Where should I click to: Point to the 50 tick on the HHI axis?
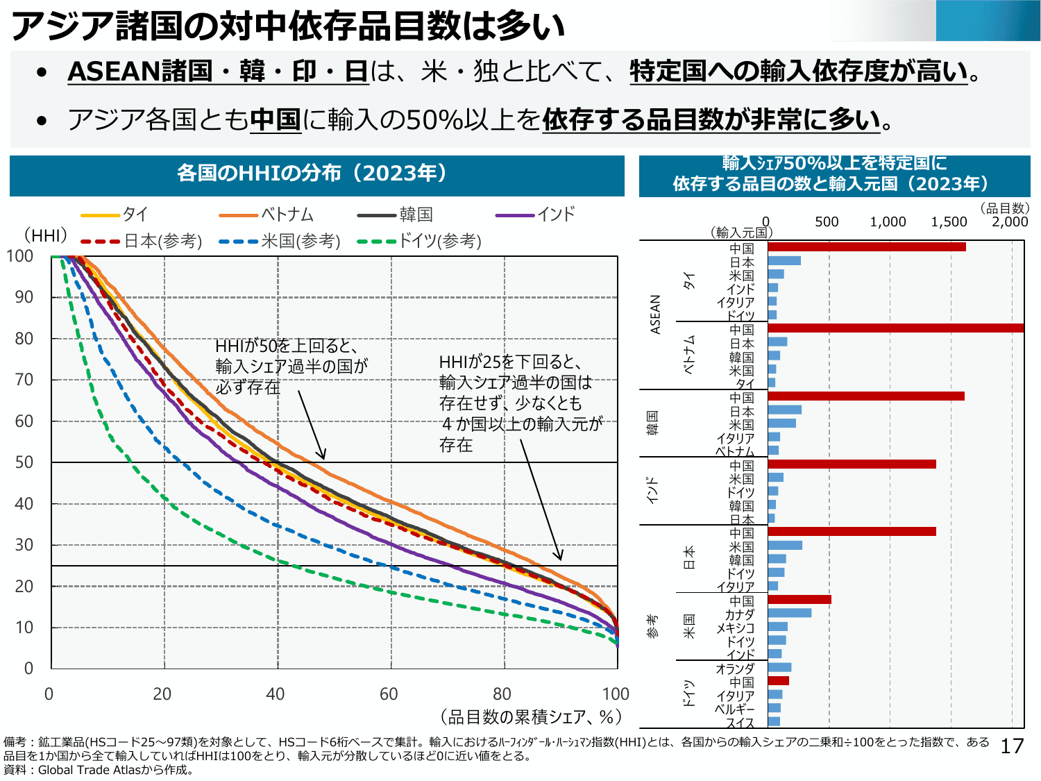coord(24,462)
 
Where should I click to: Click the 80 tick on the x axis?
coord(502,694)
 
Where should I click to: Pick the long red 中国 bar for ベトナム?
coord(895,328)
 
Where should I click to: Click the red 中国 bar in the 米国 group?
coord(799,599)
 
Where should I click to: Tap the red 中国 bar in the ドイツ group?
coord(778,681)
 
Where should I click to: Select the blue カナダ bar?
coord(789,613)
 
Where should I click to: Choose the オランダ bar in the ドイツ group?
coord(779,668)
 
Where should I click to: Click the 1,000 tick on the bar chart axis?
coord(888,222)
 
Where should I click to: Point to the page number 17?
coord(1012,746)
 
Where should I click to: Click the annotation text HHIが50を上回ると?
coord(286,346)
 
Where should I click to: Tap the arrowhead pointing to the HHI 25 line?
coord(559,557)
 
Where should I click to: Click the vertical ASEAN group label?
coord(655,314)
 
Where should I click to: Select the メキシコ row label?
coord(735,628)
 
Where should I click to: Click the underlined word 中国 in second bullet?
coord(275,120)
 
